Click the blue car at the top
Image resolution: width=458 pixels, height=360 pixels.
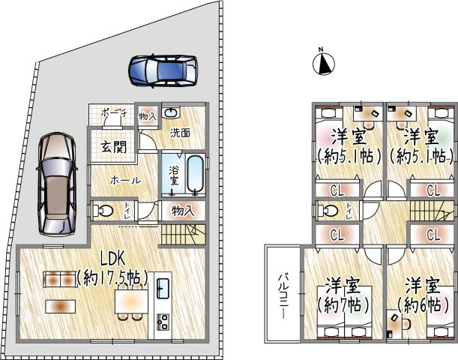pos(163,71)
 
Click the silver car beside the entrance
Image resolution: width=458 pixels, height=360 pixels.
pos(57,184)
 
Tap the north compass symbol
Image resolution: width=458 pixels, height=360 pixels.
pos(324,64)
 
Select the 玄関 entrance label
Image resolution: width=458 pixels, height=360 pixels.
pos(114,147)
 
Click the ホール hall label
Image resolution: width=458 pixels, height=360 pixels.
pos(125,181)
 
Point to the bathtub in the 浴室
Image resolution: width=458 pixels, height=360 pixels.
pos(196,175)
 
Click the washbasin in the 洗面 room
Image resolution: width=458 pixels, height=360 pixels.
pos(171,112)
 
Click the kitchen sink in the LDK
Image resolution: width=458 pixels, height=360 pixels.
pos(163,288)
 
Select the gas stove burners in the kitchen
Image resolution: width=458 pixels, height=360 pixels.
pos(163,322)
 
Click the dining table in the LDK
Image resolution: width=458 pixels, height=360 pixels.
pos(131,301)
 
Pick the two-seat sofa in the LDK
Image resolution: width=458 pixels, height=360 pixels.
pos(60,280)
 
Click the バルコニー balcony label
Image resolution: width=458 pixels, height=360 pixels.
pos(282,295)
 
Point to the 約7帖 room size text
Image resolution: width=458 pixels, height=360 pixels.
pos(343,305)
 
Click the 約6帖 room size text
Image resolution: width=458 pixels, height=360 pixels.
pos(423,305)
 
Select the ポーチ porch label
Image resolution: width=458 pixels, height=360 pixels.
pos(114,113)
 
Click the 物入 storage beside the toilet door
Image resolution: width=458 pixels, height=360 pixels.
pos(182,211)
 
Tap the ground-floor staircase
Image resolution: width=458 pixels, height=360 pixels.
pos(182,234)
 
